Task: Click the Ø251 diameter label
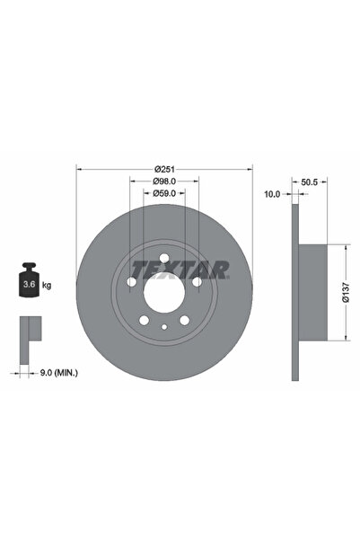pos(163,170)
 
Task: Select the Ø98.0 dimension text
pos(163,181)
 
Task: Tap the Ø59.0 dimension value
pos(163,192)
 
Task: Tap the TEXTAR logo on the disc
pos(180,269)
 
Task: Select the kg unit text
pos(46,285)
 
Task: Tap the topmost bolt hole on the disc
pos(163,259)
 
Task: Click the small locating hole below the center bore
pos(163,327)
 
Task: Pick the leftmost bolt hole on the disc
pos(131,282)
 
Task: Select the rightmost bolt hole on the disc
pos(196,282)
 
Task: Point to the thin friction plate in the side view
pos(294,292)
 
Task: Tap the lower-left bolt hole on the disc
pos(144,320)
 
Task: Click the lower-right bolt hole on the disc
pos(183,320)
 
